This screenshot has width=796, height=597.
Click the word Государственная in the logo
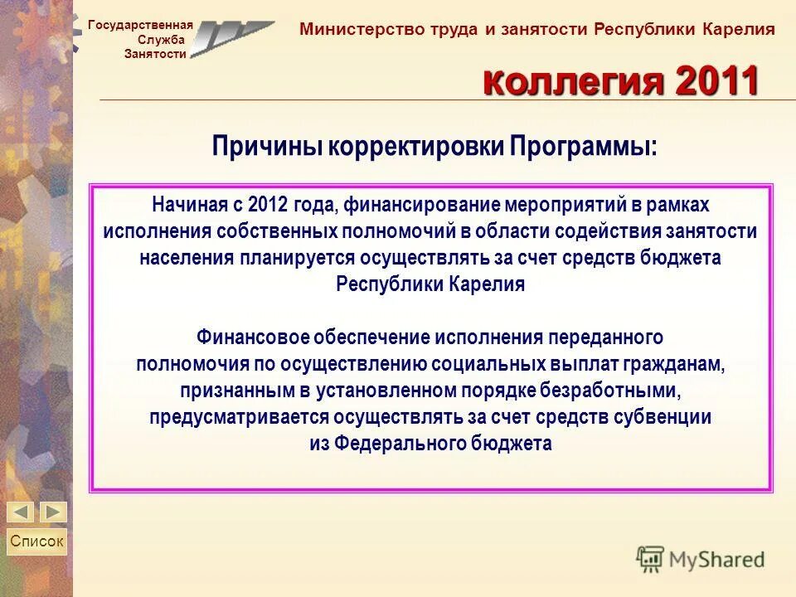coord(140,25)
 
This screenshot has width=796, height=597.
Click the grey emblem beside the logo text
coord(231,37)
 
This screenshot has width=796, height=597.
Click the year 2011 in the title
coord(717,82)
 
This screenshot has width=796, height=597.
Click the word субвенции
coord(667,417)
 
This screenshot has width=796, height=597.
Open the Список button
coord(36,541)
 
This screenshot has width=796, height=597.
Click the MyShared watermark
coord(701,559)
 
